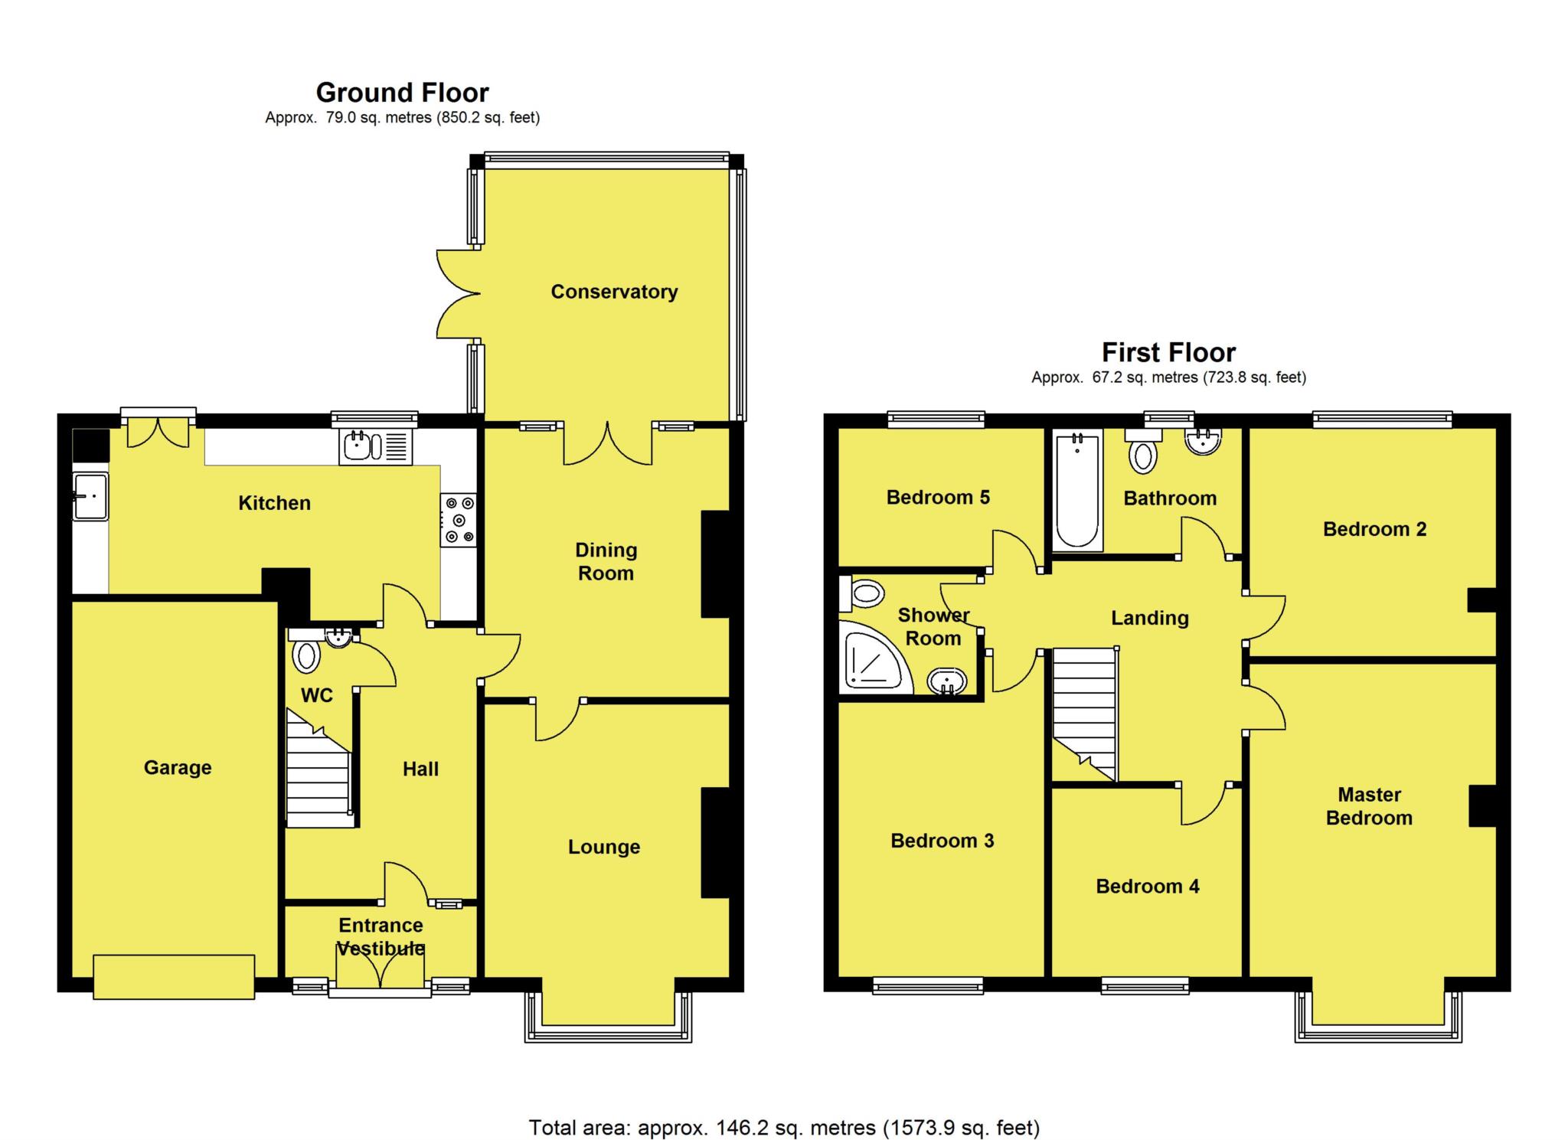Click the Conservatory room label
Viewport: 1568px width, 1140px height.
point(614,292)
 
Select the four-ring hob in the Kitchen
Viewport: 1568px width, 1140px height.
point(458,521)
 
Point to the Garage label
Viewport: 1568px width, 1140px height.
point(178,767)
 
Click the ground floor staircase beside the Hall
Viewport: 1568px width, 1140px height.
point(318,768)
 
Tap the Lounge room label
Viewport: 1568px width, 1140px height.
point(604,847)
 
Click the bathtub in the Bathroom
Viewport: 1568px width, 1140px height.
point(1077,490)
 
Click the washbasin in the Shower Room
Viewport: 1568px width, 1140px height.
point(948,681)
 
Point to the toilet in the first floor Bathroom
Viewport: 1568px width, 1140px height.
point(1143,451)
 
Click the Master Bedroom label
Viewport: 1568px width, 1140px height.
point(1369,806)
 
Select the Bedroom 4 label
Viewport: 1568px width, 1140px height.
point(1148,887)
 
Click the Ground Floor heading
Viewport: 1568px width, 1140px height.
point(402,93)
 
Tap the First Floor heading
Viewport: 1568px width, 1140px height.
point(1168,352)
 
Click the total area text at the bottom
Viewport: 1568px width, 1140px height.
point(784,1127)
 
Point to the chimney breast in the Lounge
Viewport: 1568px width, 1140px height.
point(715,842)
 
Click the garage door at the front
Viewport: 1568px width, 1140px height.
point(174,976)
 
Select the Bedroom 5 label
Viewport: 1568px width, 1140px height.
point(938,498)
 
